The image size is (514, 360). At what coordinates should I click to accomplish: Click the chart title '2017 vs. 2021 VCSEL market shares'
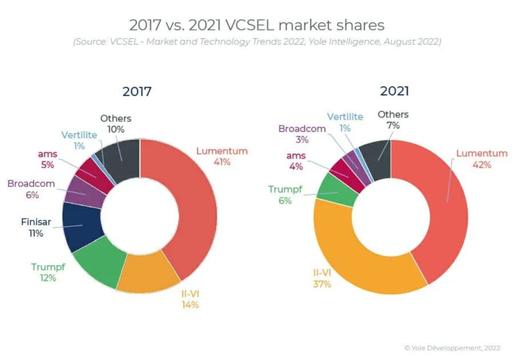257,25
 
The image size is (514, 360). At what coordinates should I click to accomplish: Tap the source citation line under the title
257,42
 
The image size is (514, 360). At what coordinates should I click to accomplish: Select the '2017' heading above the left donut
137,92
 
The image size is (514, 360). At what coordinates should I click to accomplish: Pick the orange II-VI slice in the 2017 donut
150,272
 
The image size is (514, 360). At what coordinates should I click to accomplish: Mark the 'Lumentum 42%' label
482,159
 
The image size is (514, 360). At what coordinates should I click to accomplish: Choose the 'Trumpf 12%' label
48,273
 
